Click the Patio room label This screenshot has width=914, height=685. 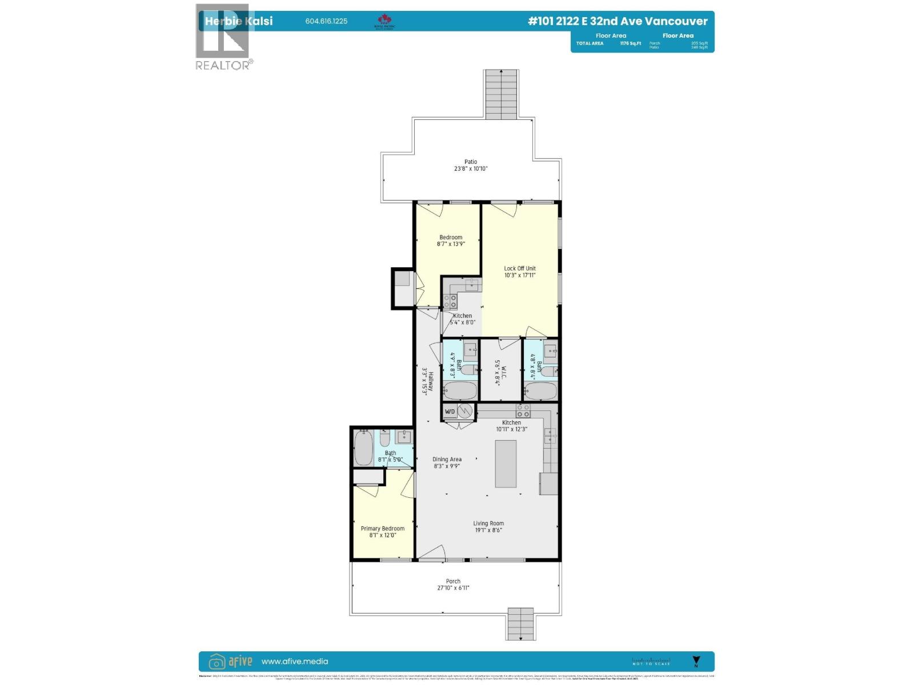coord(470,162)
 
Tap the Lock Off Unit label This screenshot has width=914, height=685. coord(519,268)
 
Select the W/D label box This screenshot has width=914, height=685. coord(450,412)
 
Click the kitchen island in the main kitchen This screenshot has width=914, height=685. coord(506,464)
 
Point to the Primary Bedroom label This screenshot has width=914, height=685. coord(382,529)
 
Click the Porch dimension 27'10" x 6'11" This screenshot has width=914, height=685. coord(453,588)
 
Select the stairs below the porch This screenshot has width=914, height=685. coord(520,623)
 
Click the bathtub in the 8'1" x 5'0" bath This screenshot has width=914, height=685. coord(364,448)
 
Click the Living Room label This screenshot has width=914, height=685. coord(488,523)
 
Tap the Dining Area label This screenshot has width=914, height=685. coord(447,460)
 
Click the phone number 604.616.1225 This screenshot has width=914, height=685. coord(326,22)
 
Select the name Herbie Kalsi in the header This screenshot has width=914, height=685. coord(239,22)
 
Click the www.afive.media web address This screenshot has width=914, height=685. coord(295,662)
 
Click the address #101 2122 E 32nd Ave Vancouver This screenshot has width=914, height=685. coord(618,21)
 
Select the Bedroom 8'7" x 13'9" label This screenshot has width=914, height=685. coord(451,237)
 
